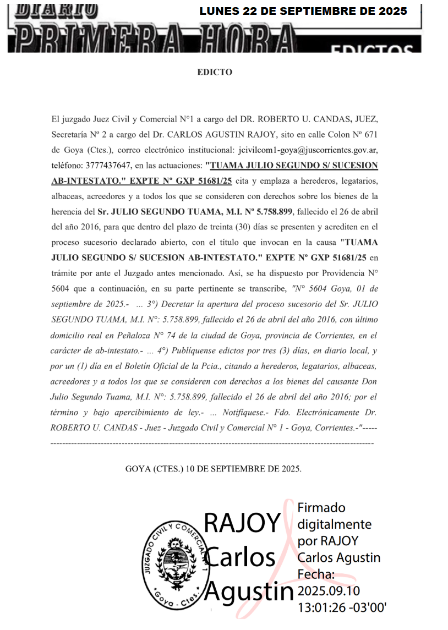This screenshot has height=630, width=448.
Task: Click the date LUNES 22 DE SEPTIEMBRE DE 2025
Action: (303, 11)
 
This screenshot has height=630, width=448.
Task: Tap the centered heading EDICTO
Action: (215, 72)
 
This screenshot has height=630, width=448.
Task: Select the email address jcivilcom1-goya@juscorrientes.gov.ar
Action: (308, 150)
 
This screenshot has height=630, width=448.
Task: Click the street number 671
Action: (368, 134)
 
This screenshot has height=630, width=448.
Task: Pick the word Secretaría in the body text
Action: (70, 134)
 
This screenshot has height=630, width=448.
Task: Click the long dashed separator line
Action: (212, 442)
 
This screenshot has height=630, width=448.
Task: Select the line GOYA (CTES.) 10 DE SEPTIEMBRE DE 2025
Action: (214, 469)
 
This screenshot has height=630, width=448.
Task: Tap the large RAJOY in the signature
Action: (242, 523)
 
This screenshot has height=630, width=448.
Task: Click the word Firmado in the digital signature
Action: (321, 507)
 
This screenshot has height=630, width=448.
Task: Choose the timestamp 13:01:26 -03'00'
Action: (342, 607)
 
